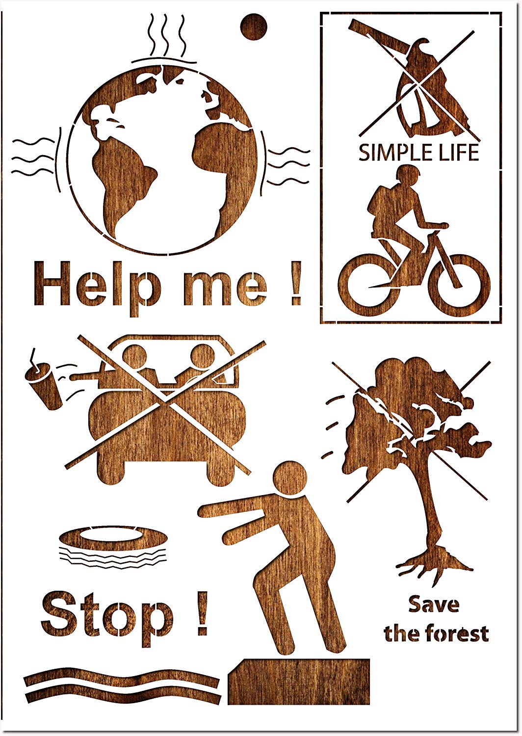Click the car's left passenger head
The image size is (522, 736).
(134, 357)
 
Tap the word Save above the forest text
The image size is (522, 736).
(434, 604)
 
